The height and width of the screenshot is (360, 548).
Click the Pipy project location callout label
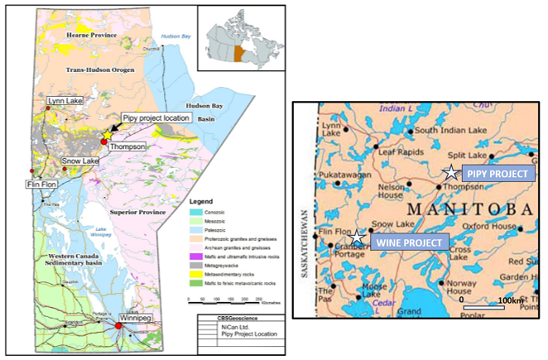[x=157, y=118]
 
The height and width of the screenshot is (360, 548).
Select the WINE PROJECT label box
[x=409, y=242]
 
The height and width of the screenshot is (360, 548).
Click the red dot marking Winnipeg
[x=118, y=326]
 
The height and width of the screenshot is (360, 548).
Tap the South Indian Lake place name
[x=448, y=131]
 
